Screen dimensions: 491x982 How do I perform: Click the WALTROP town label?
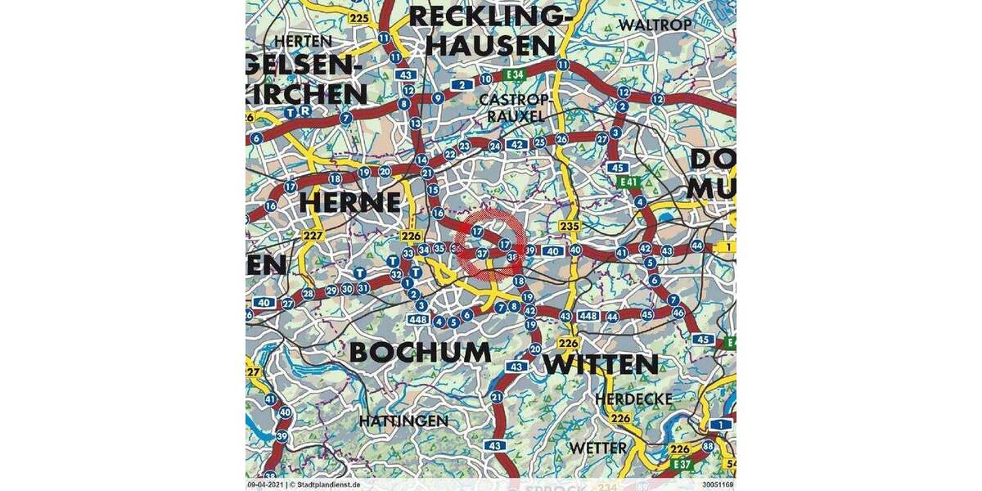coord(655,25)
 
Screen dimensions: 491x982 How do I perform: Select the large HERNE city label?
coord(350,201)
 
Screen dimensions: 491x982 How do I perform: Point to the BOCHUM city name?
coord(420,352)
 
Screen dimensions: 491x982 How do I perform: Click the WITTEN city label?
coord(601,364)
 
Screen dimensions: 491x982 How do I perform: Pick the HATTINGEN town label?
coord(403,421)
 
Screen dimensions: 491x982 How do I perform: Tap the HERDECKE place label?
coord(634,399)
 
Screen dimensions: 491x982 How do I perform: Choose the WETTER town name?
coord(598,448)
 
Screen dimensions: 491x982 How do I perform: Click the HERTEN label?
coord(304,41)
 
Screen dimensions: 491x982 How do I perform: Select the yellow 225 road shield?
coord(358,17)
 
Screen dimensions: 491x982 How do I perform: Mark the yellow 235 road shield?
coord(569,226)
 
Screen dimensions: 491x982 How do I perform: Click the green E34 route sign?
coord(514,75)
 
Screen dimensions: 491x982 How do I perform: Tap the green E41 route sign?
coord(628,182)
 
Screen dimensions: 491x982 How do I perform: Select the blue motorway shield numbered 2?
coord(463,84)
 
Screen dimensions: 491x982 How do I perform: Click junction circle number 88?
coord(708,446)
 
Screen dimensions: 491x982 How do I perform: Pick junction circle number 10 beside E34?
coord(485,79)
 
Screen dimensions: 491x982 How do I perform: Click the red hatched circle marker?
coord(489,243)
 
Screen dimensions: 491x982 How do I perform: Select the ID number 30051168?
coord(717,484)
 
